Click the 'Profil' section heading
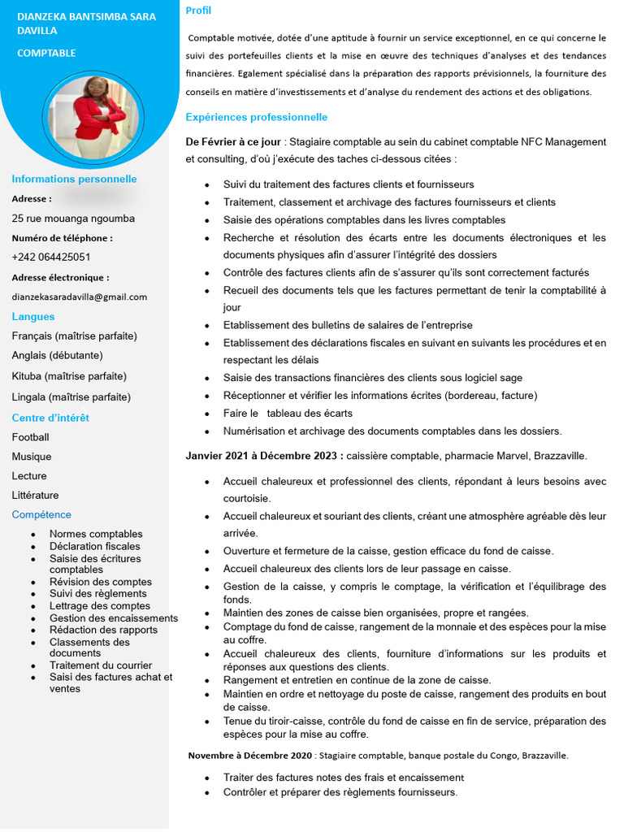[198, 11]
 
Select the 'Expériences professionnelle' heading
[256, 117]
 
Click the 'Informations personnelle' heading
[74, 179]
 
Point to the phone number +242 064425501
[50, 257]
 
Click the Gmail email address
[80, 297]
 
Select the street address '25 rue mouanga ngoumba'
[73, 218]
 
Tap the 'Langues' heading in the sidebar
[33, 316]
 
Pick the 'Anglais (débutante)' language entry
[57, 355]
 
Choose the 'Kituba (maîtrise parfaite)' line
[69, 376]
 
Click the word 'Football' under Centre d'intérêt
[30, 437]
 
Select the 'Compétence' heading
[41, 514]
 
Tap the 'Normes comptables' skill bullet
[96, 534]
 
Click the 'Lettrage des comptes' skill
[100, 605]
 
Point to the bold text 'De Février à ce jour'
[234, 142]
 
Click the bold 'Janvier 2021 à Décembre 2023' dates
[264, 456]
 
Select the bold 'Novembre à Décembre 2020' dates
[250, 755]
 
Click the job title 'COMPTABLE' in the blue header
[46, 53]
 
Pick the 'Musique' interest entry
[32, 457]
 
